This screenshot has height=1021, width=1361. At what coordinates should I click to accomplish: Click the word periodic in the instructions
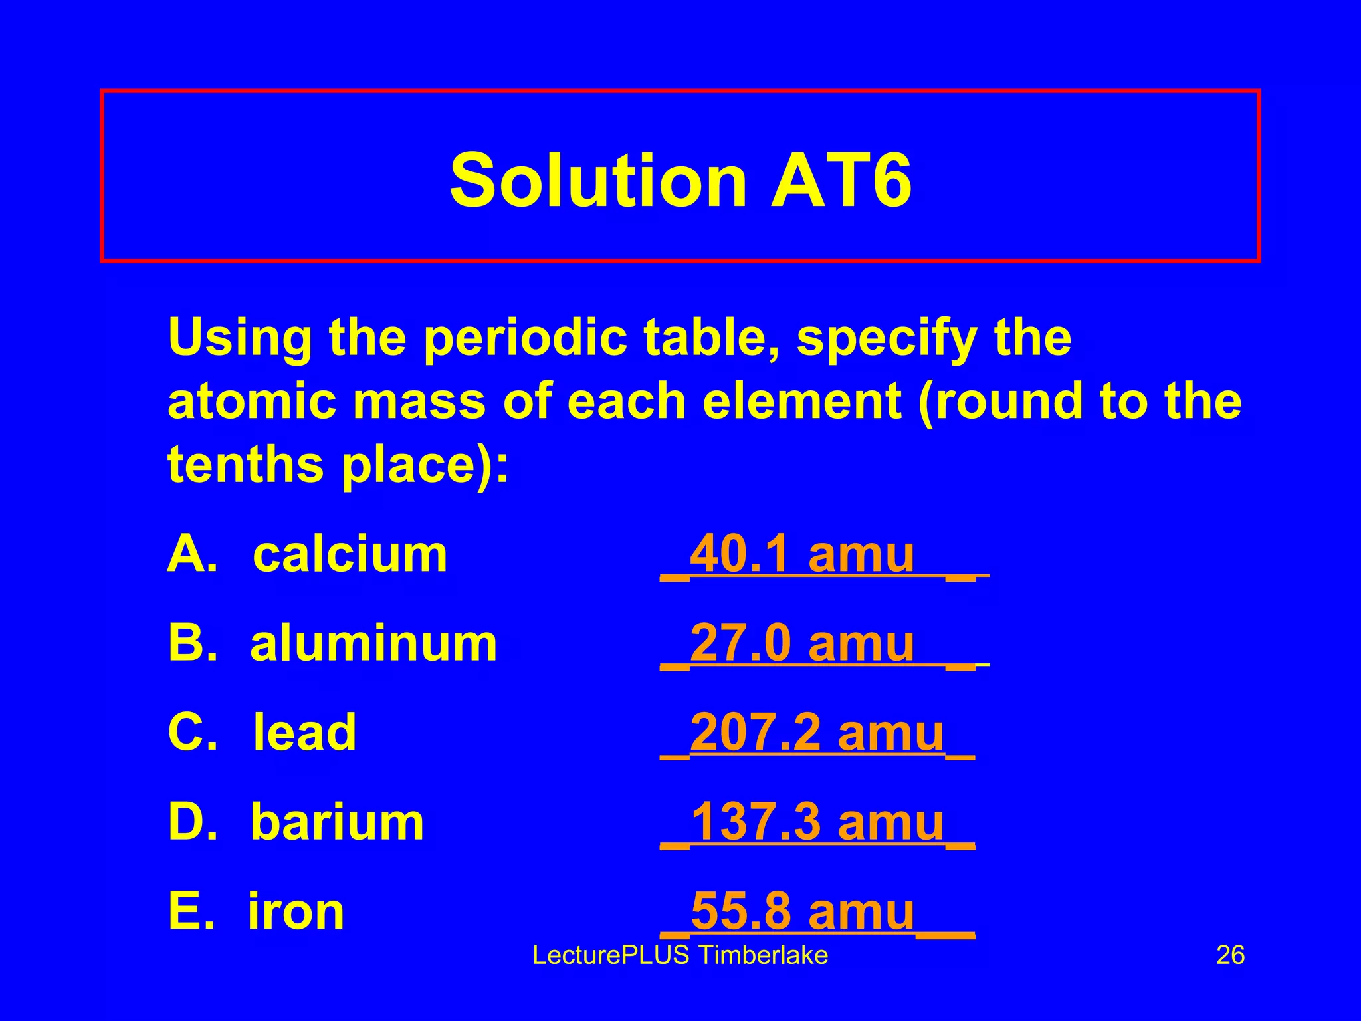tap(524, 338)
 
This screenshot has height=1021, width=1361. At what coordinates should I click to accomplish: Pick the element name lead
tap(305, 733)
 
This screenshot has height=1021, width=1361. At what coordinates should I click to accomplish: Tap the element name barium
tap(337, 822)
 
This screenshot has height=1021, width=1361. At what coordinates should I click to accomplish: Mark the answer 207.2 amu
tap(817, 733)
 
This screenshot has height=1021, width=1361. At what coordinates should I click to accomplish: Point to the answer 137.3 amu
tap(817, 822)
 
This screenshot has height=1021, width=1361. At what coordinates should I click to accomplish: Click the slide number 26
tap(1230, 955)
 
